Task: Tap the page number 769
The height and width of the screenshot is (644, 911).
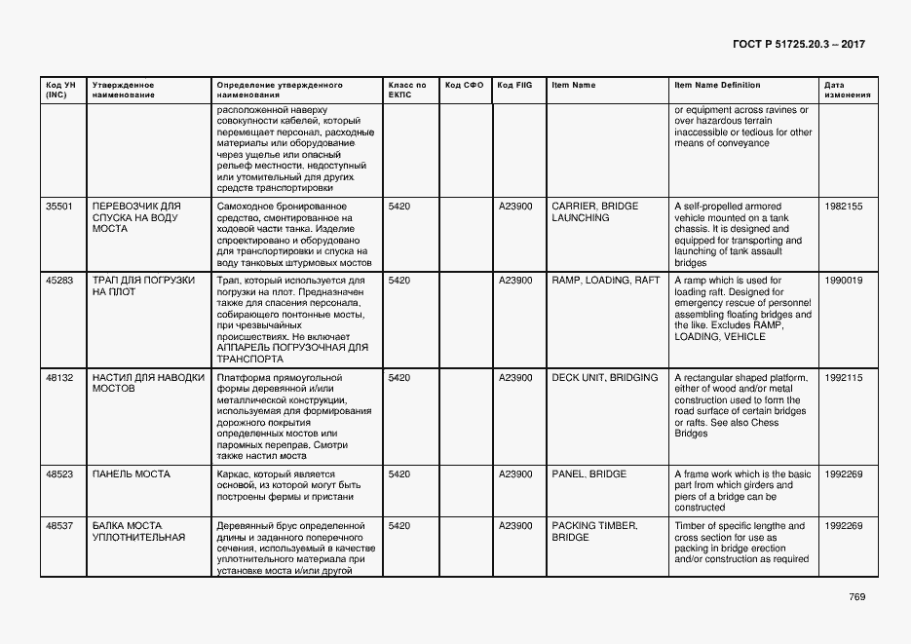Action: point(856,597)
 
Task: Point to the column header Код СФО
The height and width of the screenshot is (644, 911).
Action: point(464,85)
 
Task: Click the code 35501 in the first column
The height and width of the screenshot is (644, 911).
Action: point(59,207)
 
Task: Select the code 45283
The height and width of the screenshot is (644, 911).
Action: point(59,281)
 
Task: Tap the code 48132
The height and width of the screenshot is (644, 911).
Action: point(59,377)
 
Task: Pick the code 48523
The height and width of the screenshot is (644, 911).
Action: point(59,474)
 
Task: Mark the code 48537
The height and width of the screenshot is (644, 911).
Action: point(59,526)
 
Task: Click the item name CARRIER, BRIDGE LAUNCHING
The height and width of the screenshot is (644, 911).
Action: point(594,212)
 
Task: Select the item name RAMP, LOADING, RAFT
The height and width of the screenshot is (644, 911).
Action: point(605,281)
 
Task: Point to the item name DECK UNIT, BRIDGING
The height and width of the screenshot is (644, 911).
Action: point(605,377)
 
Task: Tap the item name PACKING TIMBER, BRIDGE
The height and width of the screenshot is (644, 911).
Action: point(593,532)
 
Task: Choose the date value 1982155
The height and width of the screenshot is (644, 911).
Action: point(843,207)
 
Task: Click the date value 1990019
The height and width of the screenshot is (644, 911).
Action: point(843,281)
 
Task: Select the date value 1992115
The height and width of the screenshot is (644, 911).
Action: point(843,377)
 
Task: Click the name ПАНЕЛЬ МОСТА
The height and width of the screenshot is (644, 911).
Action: point(131,474)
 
